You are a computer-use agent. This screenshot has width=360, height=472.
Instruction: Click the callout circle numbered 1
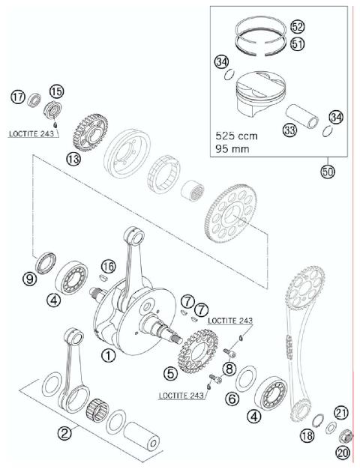pos(109,357)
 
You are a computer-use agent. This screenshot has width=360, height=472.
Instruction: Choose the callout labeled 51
pos(298,45)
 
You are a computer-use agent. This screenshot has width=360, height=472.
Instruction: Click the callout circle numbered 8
pos(229,368)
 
